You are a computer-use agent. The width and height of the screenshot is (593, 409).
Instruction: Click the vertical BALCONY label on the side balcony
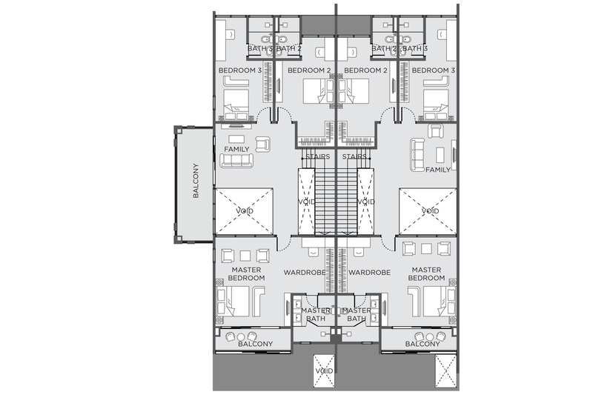(x=196, y=180)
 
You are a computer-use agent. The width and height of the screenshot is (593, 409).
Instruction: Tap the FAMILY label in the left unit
(x=236, y=150)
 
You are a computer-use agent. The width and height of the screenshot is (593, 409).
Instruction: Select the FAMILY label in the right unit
(x=438, y=170)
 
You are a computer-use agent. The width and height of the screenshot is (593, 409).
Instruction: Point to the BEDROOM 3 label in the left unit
(x=240, y=70)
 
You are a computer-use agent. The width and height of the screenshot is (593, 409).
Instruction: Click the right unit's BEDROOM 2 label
(x=365, y=70)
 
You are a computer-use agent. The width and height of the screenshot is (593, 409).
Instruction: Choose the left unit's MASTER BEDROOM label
(x=247, y=274)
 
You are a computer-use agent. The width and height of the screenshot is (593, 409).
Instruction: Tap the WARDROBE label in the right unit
(x=369, y=273)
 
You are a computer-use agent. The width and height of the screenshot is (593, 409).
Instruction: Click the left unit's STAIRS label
(x=318, y=156)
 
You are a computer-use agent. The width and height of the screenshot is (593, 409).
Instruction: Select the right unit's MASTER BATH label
(x=357, y=314)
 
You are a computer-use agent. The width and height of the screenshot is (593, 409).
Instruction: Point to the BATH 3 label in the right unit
(x=415, y=48)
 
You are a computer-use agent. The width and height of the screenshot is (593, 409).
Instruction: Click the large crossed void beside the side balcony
(x=245, y=211)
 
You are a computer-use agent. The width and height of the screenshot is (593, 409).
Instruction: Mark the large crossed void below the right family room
(x=428, y=211)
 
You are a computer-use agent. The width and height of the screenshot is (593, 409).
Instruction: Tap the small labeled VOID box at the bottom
(x=324, y=371)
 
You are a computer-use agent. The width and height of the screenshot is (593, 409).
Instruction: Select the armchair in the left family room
(x=263, y=144)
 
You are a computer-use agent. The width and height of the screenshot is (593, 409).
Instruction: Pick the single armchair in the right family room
(x=436, y=131)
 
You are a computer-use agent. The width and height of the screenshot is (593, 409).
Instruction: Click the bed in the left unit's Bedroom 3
(x=236, y=104)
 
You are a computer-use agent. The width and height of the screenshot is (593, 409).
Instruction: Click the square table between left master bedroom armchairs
(x=245, y=256)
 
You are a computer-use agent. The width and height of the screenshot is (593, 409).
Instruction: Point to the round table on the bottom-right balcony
(x=430, y=337)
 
